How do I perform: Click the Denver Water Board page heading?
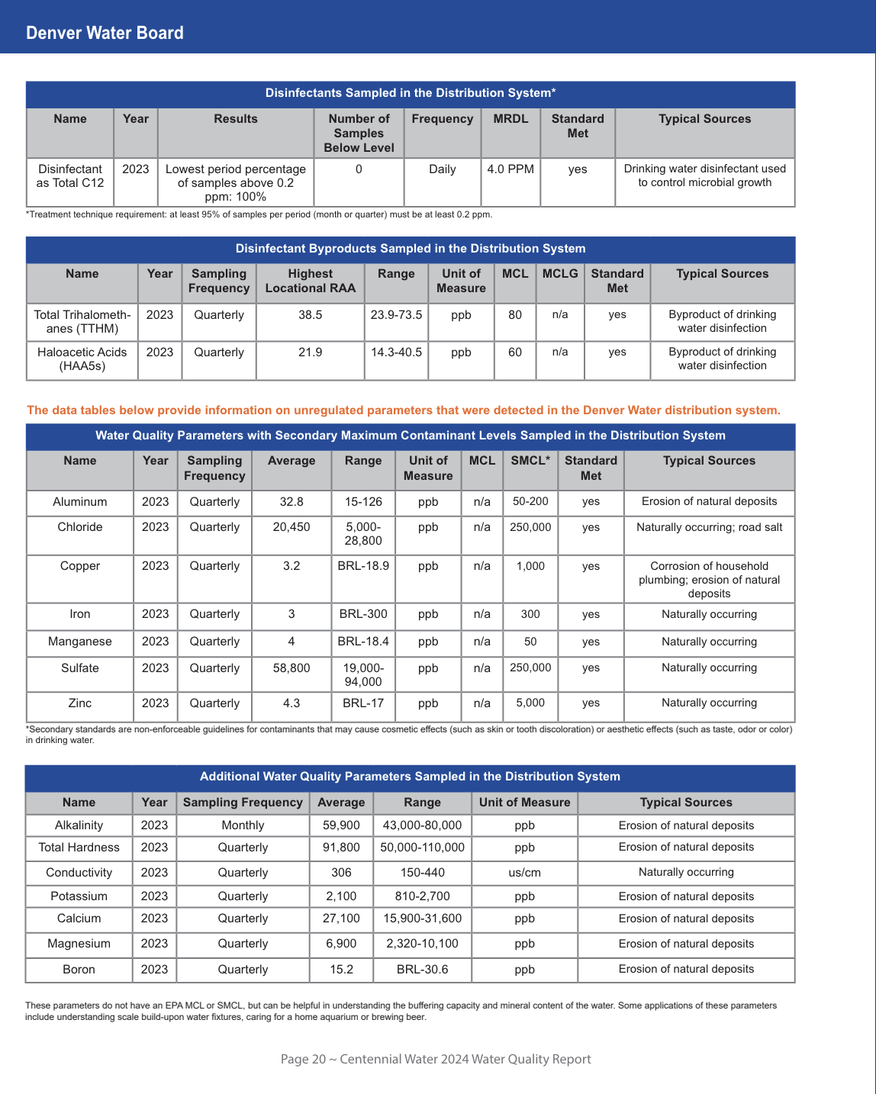[105, 33]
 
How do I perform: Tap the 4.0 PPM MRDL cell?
[510, 169]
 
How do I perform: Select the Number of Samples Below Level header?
[359, 133]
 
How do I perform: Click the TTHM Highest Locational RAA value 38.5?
[310, 315]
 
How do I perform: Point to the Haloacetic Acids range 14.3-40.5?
[396, 352]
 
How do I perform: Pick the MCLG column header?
[560, 274]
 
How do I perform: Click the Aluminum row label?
[80, 502]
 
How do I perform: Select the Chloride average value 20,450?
[291, 527]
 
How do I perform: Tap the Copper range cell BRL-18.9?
[363, 566]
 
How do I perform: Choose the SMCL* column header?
[530, 461]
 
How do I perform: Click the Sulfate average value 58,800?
[291, 668]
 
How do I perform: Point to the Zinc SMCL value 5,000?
[530, 703]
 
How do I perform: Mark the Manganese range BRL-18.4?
[363, 642]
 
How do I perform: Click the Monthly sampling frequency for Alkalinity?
[243, 825]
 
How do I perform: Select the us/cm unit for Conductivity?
[525, 873]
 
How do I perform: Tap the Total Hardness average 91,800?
[341, 848]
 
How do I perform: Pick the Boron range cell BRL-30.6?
[423, 970]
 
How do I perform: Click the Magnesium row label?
[79, 944]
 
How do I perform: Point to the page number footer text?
[436, 1059]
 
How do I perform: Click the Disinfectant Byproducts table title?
[411, 249]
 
